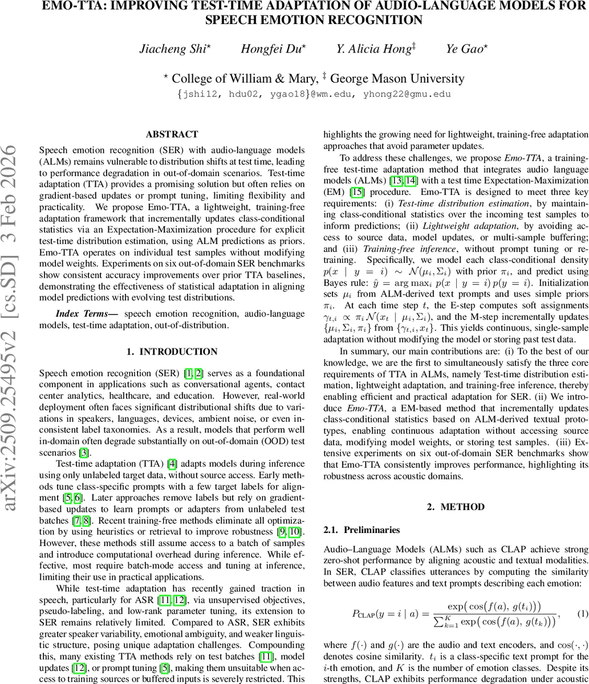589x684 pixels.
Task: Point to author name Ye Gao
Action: (x=466, y=49)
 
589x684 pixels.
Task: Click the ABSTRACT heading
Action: (x=172, y=135)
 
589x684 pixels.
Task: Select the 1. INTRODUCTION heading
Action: (x=172, y=352)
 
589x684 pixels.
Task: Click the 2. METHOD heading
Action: (x=456, y=507)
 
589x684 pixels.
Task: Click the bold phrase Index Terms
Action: (x=87, y=314)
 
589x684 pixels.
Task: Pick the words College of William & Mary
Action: (x=245, y=79)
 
